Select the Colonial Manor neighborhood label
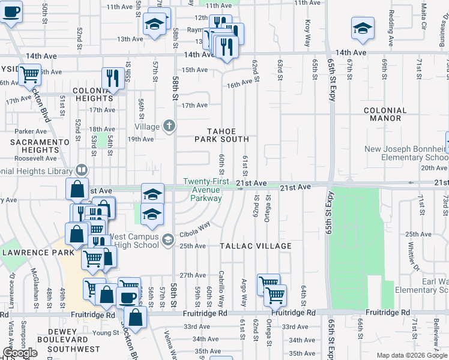tap(385, 115)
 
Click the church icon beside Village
tap(170, 126)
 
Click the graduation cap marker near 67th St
tap(363, 28)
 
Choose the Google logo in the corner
tap(20, 353)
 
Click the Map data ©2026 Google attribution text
tap(412, 355)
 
